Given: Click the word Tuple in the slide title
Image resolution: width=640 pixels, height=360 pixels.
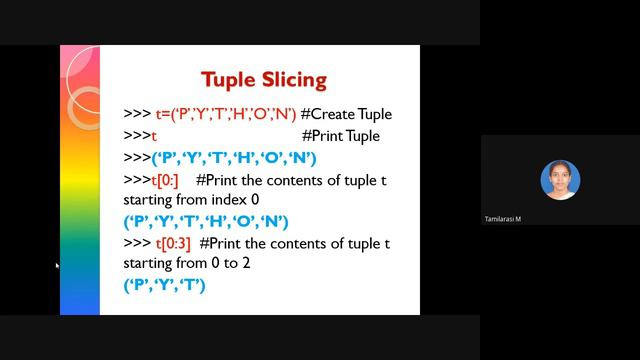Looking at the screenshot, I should tap(229, 79).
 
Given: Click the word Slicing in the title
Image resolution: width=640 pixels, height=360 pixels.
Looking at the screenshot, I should tap(293, 80).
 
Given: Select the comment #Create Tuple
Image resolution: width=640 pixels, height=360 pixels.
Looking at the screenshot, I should tap(346, 114).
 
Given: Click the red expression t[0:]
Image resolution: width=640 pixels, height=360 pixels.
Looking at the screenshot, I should tap(165, 180).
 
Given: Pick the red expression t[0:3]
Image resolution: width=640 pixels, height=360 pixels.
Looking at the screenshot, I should tap(173, 243).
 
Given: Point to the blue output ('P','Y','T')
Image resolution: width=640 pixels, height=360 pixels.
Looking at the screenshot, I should tap(164, 285).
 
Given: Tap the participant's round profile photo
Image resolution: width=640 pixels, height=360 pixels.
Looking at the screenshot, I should tap(560, 180).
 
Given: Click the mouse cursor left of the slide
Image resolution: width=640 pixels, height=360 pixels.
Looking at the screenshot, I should tap(57, 265).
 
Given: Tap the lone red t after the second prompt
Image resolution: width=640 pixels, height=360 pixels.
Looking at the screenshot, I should tap(154, 137).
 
